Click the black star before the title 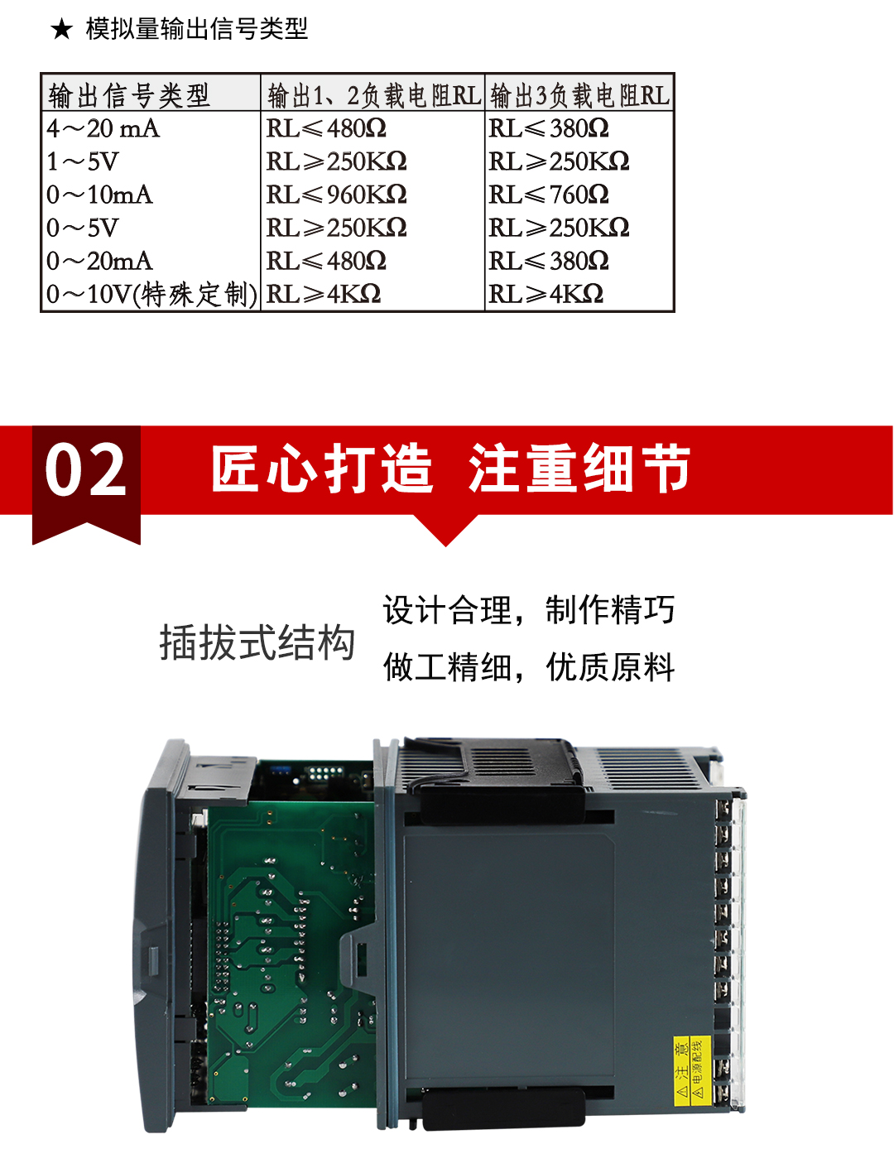coord(61,31)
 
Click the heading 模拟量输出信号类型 coord(197,30)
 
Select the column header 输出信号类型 coord(129,95)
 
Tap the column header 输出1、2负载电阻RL coord(373,95)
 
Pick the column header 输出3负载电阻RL coord(579,95)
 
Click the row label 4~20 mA coord(103,128)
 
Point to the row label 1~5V coord(83,161)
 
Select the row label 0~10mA coord(100,195)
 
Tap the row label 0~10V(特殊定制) coord(151,294)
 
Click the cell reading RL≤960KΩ coord(337,195)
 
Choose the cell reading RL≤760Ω coord(549,195)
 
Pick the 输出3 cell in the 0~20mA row coord(549,261)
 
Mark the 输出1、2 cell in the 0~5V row coord(337,228)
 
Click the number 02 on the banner coord(86,470)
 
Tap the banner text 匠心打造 coord(323,469)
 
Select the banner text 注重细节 coord(579,469)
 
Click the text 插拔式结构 coord(257,642)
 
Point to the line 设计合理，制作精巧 coord(529,610)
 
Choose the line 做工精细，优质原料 coord(529,666)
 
